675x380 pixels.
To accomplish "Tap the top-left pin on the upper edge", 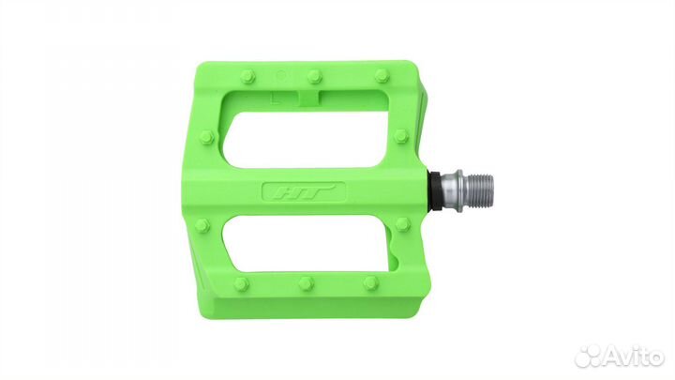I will (x=247, y=77).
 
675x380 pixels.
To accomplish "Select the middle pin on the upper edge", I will (x=315, y=75).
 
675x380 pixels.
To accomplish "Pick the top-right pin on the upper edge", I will (x=382, y=76).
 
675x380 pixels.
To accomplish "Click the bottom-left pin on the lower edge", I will (x=242, y=282).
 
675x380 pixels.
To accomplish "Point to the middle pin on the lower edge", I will (x=307, y=282).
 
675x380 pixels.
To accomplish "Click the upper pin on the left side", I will (x=207, y=138).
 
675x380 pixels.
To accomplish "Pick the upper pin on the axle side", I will (x=401, y=137).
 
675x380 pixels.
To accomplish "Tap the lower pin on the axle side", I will (x=402, y=225).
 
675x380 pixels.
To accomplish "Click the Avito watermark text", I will (x=632, y=355).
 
